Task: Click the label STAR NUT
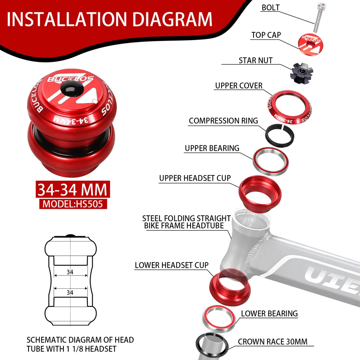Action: point(256,60)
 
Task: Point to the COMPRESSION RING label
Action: point(223,121)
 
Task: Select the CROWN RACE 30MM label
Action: point(273,342)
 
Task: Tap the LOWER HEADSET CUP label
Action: point(172,265)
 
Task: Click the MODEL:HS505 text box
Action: point(73,204)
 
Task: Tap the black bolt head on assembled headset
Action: point(68,90)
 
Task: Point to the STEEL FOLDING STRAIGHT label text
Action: point(186,218)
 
